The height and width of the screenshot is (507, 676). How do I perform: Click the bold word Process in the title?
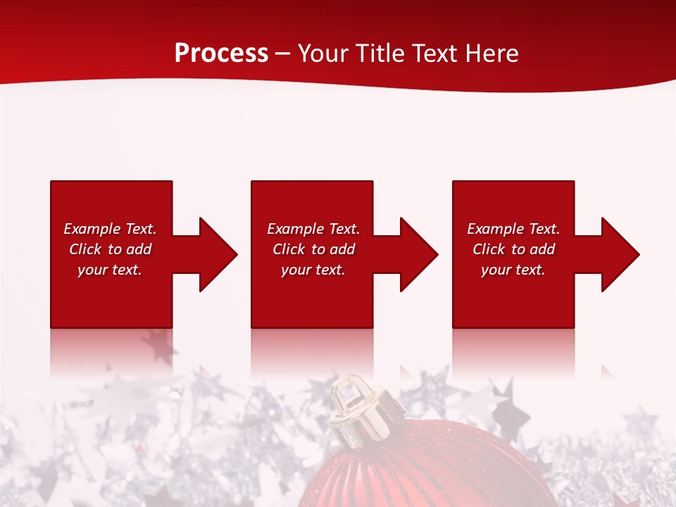pyautogui.click(x=221, y=54)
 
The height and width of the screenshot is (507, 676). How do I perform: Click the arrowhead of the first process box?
pyautogui.click(x=215, y=254)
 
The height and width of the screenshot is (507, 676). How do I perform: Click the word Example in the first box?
pyautogui.click(x=92, y=229)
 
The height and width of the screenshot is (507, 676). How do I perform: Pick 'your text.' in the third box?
pyautogui.click(x=513, y=270)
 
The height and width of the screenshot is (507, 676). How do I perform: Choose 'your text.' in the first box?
pyautogui.click(x=110, y=270)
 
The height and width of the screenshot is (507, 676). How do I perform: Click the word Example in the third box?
pyautogui.click(x=495, y=229)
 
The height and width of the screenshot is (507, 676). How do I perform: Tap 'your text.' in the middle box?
pyautogui.click(x=313, y=270)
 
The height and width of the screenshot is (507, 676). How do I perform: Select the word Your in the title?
pyautogui.click(x=323, y=54)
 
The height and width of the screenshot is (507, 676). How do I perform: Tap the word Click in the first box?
pyautogui.click(x=86, y=249)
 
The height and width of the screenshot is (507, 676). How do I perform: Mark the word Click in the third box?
pyautogui.click(x=489, y=249)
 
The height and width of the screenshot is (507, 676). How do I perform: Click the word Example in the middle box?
pyautogui.click(x=295, y=229)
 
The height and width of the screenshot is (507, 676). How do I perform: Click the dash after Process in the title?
pyautogui.click(x=283, y=54)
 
